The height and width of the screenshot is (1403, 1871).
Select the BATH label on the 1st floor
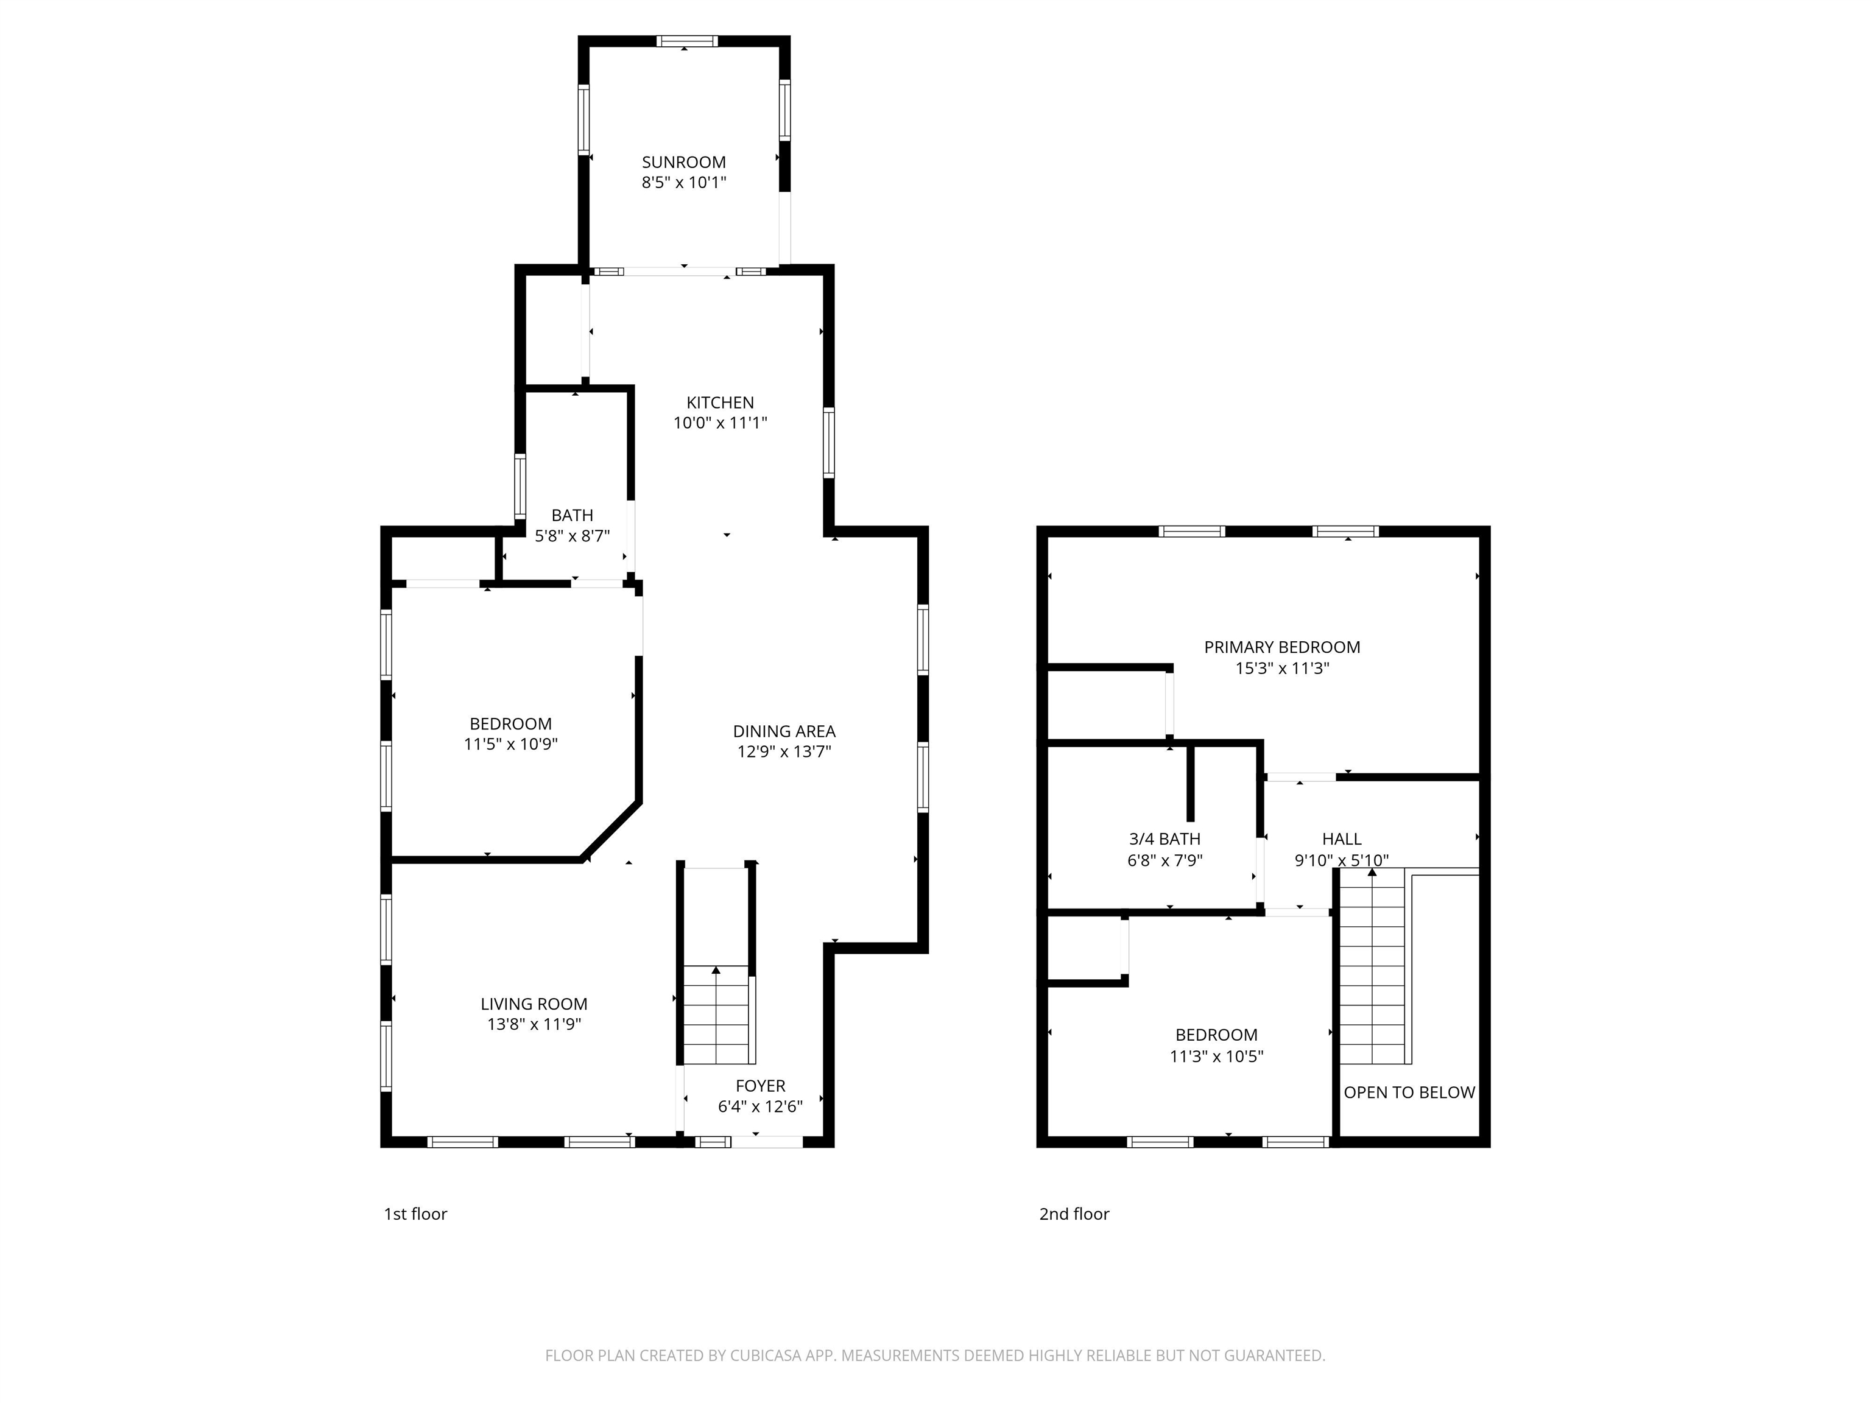coord(572,515)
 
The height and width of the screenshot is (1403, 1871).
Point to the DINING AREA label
coord(783,731)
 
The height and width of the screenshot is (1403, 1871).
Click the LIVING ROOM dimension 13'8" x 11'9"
coord(533,1025)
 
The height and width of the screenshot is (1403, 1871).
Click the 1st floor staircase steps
coord(716,1015)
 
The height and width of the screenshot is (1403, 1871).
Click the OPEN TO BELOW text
coord(1409,1092)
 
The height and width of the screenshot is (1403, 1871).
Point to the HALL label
coord(1342,839)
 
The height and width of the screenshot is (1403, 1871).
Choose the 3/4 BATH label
coord(1165,839)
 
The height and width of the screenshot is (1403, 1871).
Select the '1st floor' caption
coord(415,1214)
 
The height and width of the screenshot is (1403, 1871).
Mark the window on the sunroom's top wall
coord(688,41)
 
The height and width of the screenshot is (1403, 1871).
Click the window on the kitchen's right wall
coord(829,442)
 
